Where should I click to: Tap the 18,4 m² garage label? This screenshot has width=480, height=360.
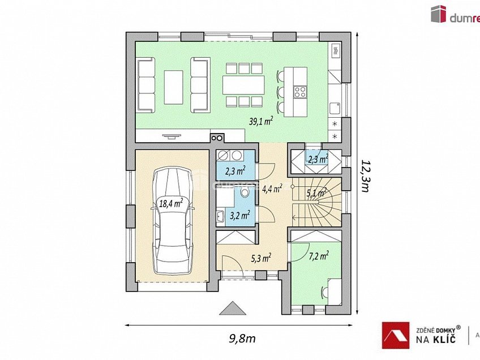coord(170,203)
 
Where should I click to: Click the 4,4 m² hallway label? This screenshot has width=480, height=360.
coord(272,189)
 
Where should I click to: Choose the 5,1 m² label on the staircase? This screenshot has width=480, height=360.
coord(316,193)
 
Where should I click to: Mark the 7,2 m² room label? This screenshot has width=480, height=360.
coord(319,256)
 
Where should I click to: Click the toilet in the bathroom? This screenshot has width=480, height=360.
coord(245,194)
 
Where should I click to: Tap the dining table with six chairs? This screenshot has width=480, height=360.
coord(243,85)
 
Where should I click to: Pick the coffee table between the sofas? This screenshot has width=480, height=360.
coord(173,86)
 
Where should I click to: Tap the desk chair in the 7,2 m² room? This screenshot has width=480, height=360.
coord(325,291)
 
